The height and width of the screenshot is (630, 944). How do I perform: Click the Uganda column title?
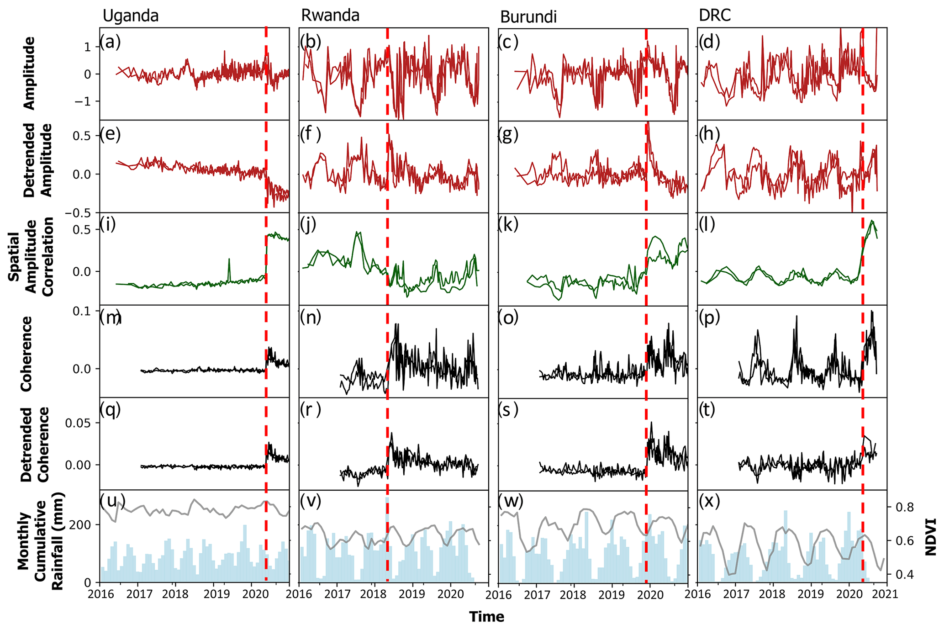(x=131, y=16)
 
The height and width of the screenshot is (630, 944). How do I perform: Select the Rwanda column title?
(x=330, y=16)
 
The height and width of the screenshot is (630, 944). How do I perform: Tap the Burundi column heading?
(x=528, y=17)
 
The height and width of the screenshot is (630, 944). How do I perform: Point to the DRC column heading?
(x=715, y=16)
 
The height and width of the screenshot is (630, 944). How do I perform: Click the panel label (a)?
(x=111, y=42)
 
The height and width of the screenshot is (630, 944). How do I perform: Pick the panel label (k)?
(x=508, y=225)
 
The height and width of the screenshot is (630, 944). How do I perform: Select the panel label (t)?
(x=709, y=410)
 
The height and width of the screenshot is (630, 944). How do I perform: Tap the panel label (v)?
(x=311, y=501)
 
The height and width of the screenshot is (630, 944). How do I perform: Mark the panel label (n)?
(x=311, y=317)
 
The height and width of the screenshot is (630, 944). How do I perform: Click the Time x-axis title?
(x=486, y=617)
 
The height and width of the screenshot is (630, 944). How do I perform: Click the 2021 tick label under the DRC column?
(x=886, y=594)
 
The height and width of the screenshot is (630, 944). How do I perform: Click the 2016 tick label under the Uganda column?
(x=100, y=594)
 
